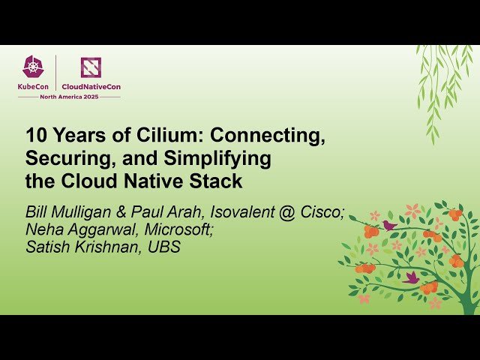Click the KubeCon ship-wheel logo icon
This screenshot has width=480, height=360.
click(34, 67)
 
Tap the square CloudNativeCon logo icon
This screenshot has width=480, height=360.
click(91, 67)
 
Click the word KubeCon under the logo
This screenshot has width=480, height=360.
click(34, 87)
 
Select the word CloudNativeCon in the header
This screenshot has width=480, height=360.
click(91, 87)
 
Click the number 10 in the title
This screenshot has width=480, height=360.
click(35, 136)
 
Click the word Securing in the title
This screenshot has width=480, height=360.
click(62, 159)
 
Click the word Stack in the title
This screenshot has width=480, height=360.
click(217, 181)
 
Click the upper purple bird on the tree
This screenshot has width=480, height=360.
click(389, 224)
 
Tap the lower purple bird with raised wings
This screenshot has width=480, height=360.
click(411, 277)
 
